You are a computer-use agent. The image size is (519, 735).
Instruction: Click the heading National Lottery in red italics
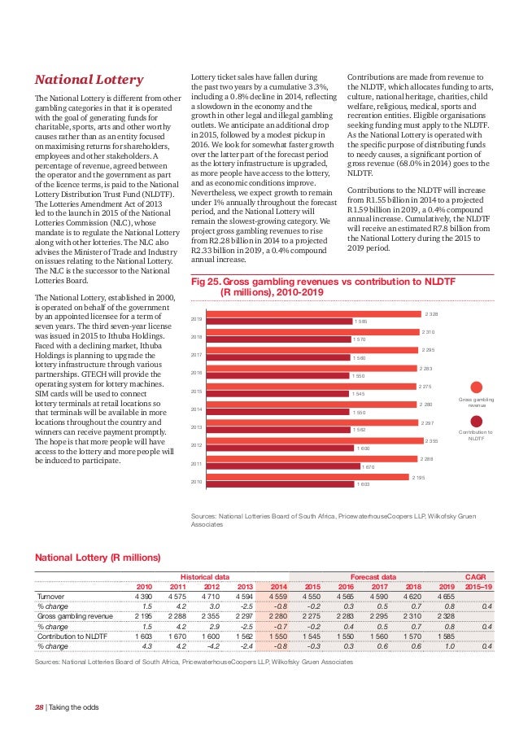coord(88,80)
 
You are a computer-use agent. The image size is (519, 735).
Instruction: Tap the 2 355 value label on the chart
coord(431,440)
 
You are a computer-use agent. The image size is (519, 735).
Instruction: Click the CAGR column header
coord(475,576)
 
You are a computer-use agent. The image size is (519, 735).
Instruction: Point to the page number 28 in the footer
coord(38,707)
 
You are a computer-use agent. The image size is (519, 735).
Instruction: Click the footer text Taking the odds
coord(74,707)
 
